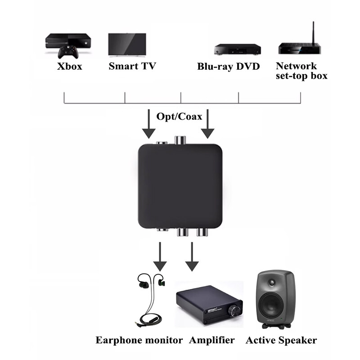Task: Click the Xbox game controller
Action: tap(69, 52)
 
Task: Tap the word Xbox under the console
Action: tap(70, 67)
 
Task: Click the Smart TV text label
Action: tap(132, 67)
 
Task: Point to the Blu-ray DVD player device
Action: tap(237, 49)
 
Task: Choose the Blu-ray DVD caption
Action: tap(229, 67)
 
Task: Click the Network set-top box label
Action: tap(301, 71)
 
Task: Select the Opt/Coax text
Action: tap(179, 117)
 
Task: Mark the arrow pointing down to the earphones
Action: tap(160, 256)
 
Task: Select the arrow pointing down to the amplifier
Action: tap(192, 256)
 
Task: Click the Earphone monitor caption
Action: tap(139, 340)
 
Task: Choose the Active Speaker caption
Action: tap(281, 340)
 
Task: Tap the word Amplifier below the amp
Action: tap(212, 340)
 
